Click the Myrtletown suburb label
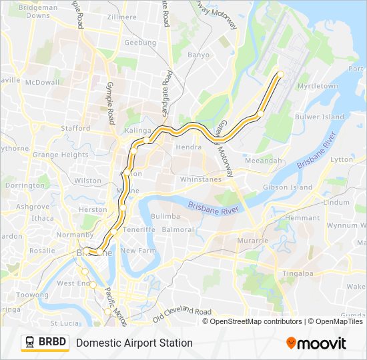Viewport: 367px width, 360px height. [x=318, y=87]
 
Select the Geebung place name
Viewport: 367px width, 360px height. [x=140, y=43]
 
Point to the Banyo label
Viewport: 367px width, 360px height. [x=198, y=55]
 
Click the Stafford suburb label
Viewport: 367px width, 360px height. [x=75, y=128]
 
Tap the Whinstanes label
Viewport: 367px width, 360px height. [x=200, y=179]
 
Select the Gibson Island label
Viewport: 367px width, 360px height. [x=288, y=188]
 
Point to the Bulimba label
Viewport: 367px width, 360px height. [x=165, y=217]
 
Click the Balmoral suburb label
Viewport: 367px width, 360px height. [x=177, y=230]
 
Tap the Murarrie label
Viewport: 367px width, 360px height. [x=252, y=239]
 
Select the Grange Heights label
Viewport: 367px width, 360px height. [x=60, y=155]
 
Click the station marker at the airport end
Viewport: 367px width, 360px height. [x=280, y=74]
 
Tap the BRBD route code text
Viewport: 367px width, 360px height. [x=52, y=343]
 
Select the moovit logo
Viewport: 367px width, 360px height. [x=316, y=343]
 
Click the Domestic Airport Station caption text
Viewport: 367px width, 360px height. [x=134, y=343]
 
